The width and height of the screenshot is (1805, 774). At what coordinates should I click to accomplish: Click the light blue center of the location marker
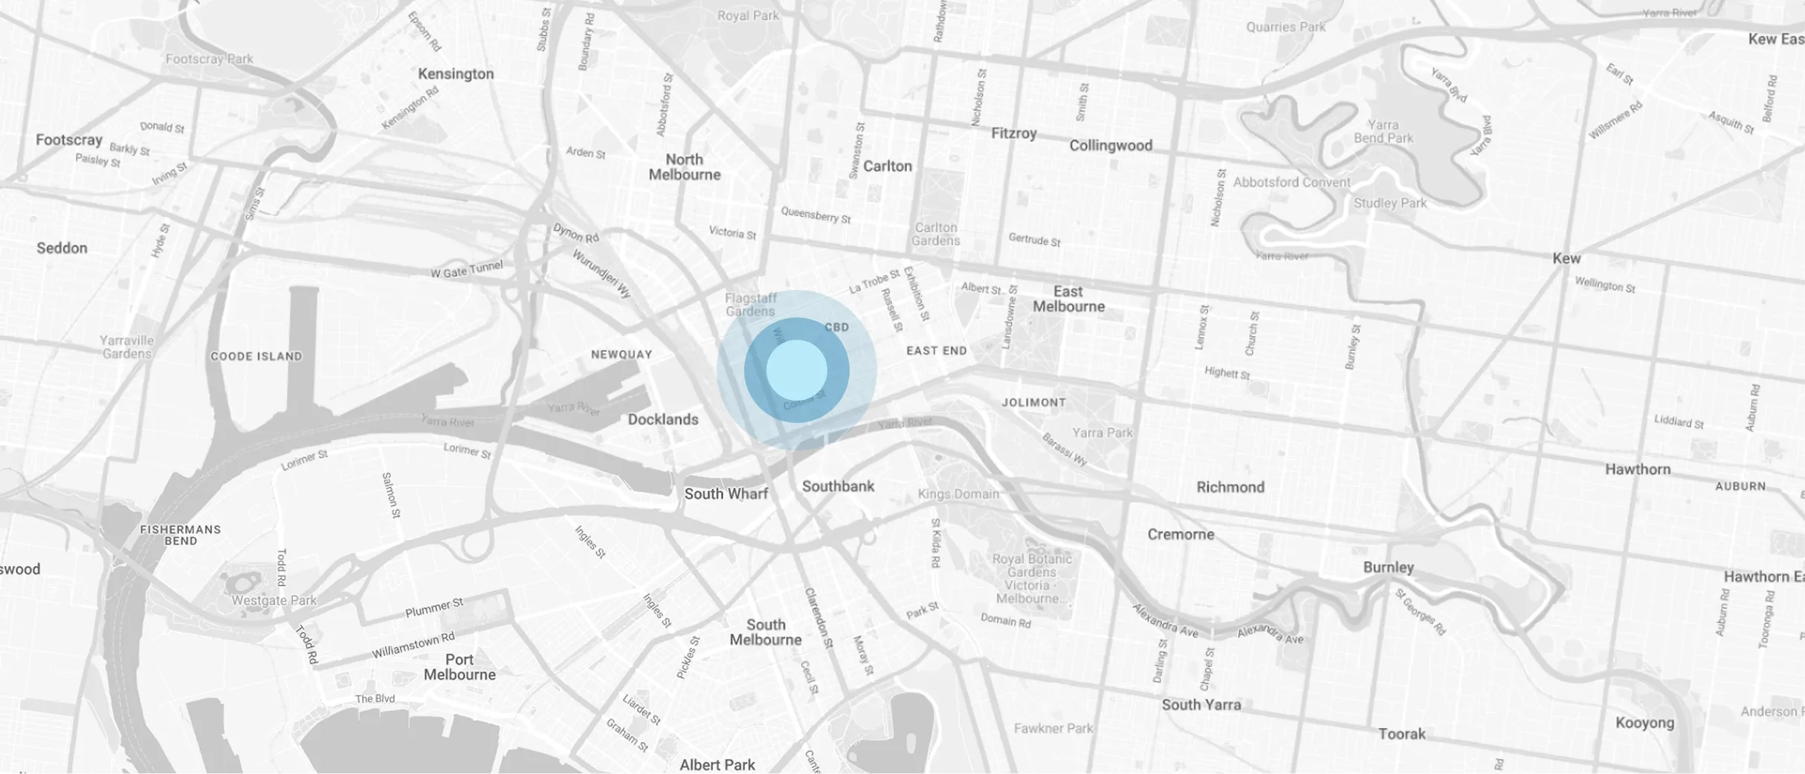[x=796, y=370]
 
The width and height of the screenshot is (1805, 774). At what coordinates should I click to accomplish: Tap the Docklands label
[x=662, y=419]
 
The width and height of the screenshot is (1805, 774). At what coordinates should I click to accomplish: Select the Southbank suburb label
[x=838, y=486]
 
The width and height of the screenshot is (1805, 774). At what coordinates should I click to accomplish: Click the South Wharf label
[x=726, y=494]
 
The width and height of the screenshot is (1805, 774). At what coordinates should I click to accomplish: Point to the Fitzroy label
[x=1013, y=134]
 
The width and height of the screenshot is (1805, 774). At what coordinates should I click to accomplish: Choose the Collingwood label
[x=1110, y=146]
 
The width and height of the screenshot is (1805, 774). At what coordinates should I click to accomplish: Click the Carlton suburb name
[x=887, y=166]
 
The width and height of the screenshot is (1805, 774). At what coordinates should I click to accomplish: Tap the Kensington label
[x=455, y=74]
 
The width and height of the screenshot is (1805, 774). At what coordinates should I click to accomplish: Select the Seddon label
[x=62, y=248]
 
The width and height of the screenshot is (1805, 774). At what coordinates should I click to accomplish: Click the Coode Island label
[x=256, y=356]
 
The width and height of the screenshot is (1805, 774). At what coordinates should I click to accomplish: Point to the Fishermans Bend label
[x=181, y=535]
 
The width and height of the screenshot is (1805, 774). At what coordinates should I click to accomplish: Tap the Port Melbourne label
[x=459, y=667]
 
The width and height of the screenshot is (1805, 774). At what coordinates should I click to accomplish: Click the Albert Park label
[x=717, y=764]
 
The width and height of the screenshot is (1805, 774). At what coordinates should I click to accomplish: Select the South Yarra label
[x=1201, y=705]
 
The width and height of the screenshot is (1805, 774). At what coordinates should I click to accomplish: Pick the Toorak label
[x=1401, y=734]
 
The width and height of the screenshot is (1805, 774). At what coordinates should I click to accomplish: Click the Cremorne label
[x=1180, y=535]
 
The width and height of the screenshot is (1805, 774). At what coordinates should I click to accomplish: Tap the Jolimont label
[x=1033, y=402]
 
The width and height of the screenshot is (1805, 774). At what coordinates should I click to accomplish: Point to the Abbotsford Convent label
[x=1291, y=182]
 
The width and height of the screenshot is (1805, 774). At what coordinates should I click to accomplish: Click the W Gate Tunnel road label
[x=466, y=269]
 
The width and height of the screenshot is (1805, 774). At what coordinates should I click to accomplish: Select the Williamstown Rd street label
[x=413, y=645]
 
